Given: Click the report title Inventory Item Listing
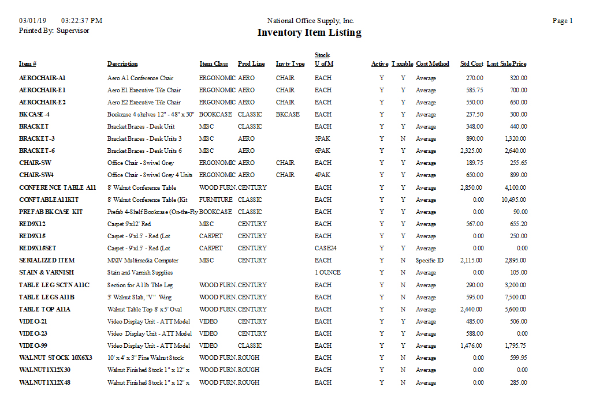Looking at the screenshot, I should (x=309, y=33).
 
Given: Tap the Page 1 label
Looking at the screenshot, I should (x=562, y=21).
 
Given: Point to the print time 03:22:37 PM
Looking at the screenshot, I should (x=81, y=21).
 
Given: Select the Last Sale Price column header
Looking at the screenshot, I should (x=507, y=64).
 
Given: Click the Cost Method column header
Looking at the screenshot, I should (x=432, y=64).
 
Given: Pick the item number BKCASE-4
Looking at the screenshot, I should (x=34, y=115).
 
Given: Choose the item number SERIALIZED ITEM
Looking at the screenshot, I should (x=47, y=261).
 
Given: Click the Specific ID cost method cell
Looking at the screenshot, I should (x=429, y=261).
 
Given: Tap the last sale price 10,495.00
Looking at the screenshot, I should (x=512, y=200).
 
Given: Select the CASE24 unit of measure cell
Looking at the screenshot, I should (x=325, y=249).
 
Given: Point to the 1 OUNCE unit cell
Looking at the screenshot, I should (x=327, y=273).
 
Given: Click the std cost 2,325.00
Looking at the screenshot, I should (x=471, y=151).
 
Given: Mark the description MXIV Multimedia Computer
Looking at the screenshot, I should (x=143, y=261).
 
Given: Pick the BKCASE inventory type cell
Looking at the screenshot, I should (x=288, y=115).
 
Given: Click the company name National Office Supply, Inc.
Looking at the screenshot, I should (x=310, y=21).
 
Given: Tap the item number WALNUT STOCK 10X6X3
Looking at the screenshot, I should (x=55, y=358).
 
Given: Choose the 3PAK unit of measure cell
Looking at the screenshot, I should (x=322, y=139).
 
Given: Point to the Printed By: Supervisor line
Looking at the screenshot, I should (x=54, y=31).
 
